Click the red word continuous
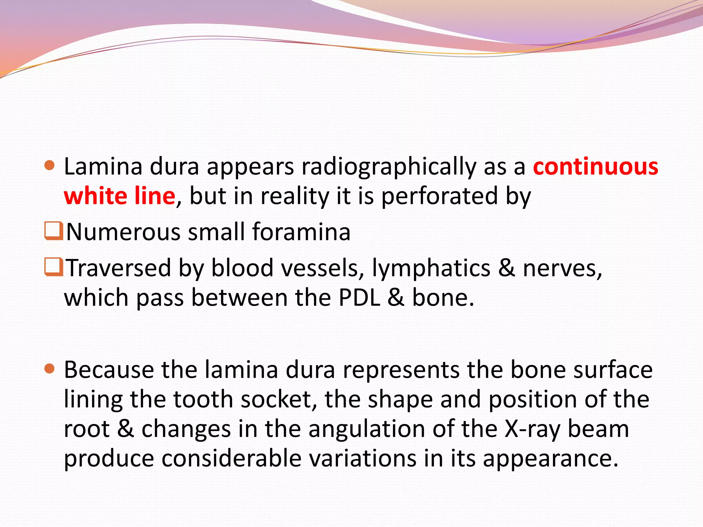(x=595, y=167)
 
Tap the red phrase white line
(x=119, y=196)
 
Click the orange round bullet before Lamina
(x=50, y=166)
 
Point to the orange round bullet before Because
(x=50, y=369)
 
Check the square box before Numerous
(x=53, y=231)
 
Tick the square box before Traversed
(x=53, y=267)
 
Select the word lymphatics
(x=431, y=268)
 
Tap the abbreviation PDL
(x=359, y=297)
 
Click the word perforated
(x=439, y=196)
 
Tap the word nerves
(x=562, y=268)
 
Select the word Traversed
(x=118, y=268)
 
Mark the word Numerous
(x=123, y=232)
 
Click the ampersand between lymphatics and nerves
(x=507, y=268)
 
